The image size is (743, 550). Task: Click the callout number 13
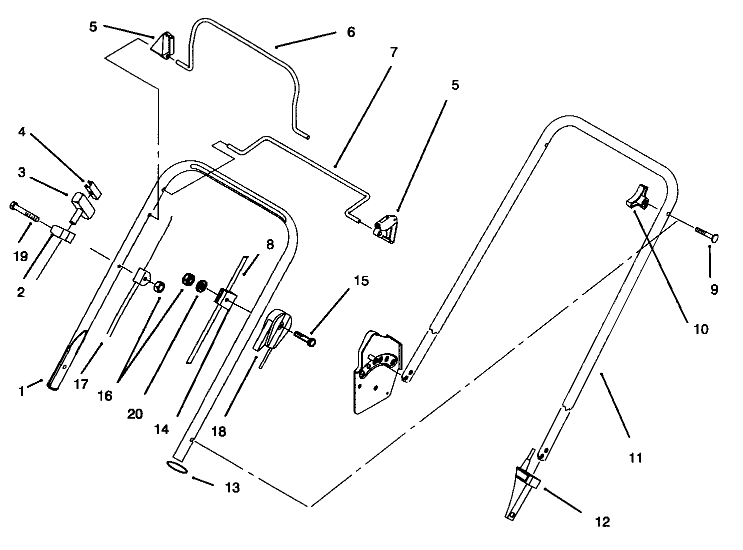[232, 488]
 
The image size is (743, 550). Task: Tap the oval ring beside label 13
[177, 467]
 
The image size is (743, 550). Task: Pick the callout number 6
[350, 32]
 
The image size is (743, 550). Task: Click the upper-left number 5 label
[93, 26]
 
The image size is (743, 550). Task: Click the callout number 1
[21, 391]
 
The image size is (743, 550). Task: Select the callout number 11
[635, 457]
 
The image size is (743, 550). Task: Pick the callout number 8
[270, 244]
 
